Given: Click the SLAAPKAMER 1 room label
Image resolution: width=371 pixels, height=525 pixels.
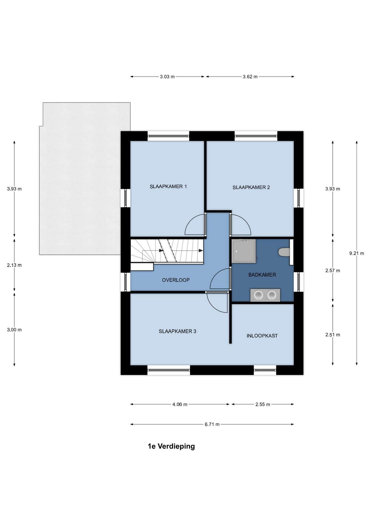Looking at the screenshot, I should (x=168, y=186).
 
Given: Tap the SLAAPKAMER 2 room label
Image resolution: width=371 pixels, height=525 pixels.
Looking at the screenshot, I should (x=251, y=187).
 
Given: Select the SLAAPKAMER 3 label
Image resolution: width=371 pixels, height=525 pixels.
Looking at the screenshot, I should (x=177, y=331).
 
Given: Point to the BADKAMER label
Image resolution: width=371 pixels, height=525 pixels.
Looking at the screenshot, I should (x=262, y=275).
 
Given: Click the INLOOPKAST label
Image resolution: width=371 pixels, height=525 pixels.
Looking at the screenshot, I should (x=262, y=336).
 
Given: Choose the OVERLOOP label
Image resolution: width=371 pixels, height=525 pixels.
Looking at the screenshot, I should (x=176, y=280).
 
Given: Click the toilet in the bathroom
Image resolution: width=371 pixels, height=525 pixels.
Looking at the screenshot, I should (x=284, y=252).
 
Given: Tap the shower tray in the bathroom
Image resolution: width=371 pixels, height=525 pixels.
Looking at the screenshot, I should (x=244, y=251).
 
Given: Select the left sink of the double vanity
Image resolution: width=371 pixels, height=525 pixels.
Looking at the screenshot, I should (x=258, y=295).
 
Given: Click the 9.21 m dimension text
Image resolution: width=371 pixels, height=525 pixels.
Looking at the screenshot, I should (x=357, y=253).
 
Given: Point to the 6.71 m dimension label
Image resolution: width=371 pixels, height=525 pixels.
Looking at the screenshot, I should (x=212, y=424).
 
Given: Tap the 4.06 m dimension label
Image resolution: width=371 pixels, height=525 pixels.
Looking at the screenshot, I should (x=180, y=404).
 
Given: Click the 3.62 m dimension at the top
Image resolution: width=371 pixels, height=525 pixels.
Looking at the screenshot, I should (x=250, y=77).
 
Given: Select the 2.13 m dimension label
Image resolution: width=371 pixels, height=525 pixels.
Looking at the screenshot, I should (x=14, y=265).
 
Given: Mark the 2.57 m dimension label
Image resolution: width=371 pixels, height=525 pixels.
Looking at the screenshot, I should (x=332, y=270).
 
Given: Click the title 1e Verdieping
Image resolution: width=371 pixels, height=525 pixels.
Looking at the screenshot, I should (x=171, y=446).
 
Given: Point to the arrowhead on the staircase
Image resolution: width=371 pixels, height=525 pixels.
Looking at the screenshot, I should (x=201, y=250).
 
